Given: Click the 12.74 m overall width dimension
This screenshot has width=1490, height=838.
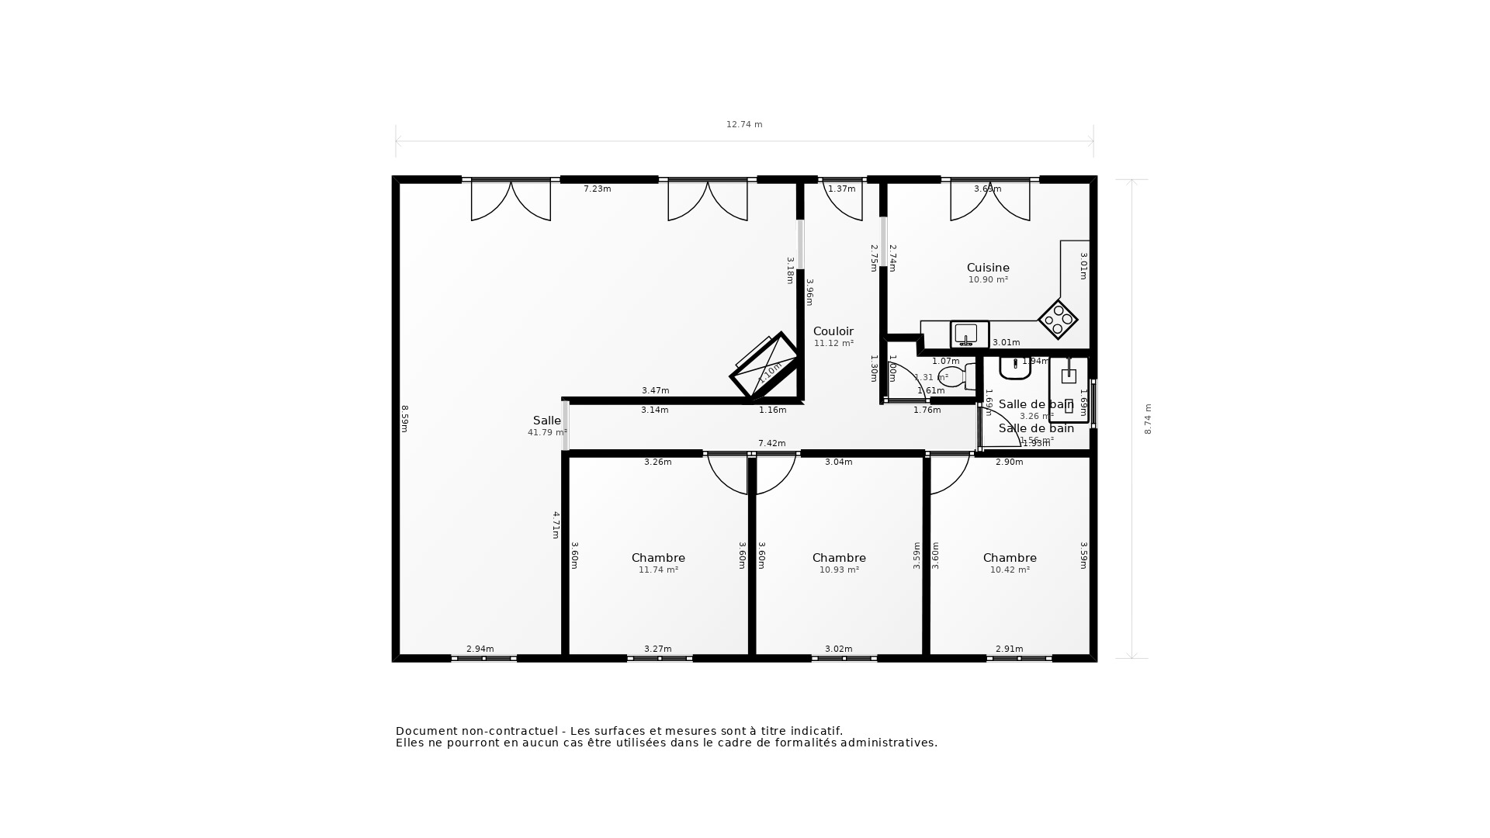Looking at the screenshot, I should pyautogui.click(x=743, y=124).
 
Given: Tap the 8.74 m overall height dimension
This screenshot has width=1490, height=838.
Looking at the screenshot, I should pyautogui.click(x=1148, y=419).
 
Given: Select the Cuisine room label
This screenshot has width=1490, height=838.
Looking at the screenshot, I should pyautogui.click(x=987, y=268).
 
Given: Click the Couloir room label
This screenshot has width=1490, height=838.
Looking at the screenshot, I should pyautogui.click(x=833, y=331).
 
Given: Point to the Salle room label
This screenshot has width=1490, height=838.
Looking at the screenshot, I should pyautogui.click(x=546, y=421).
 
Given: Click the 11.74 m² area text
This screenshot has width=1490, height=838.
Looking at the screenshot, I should pyautogui.click(x=658, y=570).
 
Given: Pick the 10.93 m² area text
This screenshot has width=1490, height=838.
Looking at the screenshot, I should pyautogui.click(x=839, y=570).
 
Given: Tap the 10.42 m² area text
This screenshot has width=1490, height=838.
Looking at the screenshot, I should pyautogui.click(x=1010, y=570).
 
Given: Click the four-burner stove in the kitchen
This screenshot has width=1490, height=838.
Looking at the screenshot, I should pyautogui.click(x=1058, y=319).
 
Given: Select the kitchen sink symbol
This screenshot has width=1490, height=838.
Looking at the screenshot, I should pyautogui.click(x=969, y=334).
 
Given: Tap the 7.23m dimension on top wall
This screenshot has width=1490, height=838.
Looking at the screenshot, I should pyautogui.click(x=597, y=189).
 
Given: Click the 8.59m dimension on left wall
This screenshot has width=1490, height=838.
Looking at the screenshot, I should pyautogui.click(x=404, y=418).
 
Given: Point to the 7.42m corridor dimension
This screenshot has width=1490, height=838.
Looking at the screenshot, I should pyautogui.click(x=771, y=443).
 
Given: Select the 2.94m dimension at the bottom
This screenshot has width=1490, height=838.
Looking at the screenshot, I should pyautogui.click(x=480, y=649).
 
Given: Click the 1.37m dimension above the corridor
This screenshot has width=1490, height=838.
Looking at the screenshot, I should pyautogui.click(x=841, y=189).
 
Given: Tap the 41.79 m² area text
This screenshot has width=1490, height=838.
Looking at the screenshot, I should pyautogui.click(x=547, y=432).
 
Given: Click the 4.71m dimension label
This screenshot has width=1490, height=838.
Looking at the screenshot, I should pyautogui.click(x=556, y=524).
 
